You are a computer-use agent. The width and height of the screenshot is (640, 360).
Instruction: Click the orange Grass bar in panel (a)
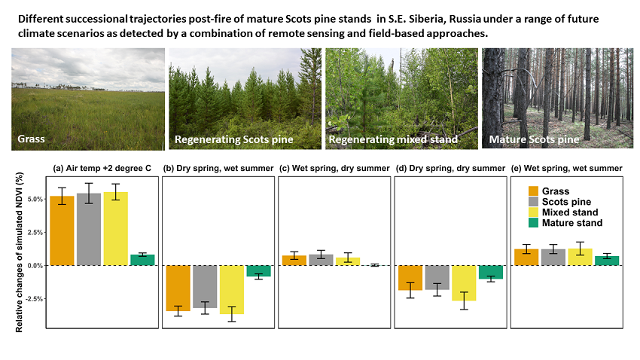(x=62, y=230)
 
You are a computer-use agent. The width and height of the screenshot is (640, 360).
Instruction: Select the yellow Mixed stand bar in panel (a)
(x=115, y=228)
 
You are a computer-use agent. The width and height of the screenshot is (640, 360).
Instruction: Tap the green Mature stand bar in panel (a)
(x=142, y=260)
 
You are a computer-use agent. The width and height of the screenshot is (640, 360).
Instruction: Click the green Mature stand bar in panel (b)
(x=258, y=271)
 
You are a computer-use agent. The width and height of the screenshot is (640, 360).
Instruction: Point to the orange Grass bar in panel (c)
(x=294, y=261)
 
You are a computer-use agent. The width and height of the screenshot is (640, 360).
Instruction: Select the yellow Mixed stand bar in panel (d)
(x=464, y=283)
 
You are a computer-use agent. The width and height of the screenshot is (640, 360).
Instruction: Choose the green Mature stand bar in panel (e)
(x=607, y=261)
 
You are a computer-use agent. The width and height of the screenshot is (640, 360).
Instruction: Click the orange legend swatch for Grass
(x=534, y=191)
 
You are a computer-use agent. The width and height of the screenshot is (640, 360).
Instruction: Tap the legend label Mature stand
(x=572, y=223)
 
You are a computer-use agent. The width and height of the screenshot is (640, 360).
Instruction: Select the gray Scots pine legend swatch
(x=534, y=202)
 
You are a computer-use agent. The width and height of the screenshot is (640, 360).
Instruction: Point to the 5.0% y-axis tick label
(x=35, y=199)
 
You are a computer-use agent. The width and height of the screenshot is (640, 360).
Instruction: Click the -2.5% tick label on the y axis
(x=35, y=299)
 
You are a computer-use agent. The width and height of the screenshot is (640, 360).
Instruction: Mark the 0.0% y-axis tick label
(x=35, y=266)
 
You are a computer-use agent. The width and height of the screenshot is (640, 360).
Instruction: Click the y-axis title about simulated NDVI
(x=19, y=252)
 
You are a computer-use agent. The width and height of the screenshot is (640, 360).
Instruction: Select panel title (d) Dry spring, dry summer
(x=450, y=168)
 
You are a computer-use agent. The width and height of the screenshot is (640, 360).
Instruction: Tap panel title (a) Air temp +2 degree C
(x=102, y=168)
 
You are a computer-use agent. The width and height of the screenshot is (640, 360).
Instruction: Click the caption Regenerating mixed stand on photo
(x=393, y=139)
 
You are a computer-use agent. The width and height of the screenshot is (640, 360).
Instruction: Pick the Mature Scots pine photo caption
(x=535, y=139)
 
